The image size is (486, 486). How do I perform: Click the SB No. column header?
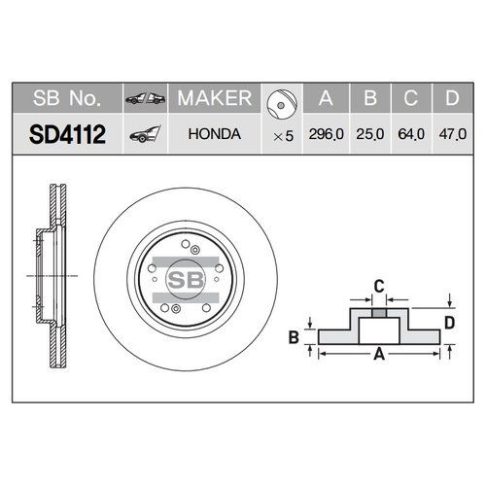pyautogui.click(x=63, y=99)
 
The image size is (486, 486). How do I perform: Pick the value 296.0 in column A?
pyautogui.click(x=325, y=135)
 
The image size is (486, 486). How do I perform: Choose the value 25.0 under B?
pyautogui.click(x=370, y=135)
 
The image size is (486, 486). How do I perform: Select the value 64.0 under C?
pyautogui.click(x=411, y=135)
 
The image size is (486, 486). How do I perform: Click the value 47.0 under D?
pyautogui.click(x=452, y=135)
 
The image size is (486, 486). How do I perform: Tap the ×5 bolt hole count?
pyautogui.click(x=282, y=135)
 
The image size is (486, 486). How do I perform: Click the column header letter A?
pyautogui.click(x=326, y=99)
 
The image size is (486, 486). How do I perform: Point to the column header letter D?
pyautogui.click(x=452, y=99)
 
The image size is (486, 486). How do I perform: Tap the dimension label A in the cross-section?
pyautogui.click(x=380, y=356)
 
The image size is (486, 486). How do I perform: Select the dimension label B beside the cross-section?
pyautogui.click(x=293, y=337)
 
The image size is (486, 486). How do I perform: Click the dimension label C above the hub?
pyautogui.click(x=380, y=286)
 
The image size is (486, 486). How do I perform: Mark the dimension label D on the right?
pyautogui.click(x=451, y=322)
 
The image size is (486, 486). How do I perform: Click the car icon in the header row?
pyautogui.click(x=143, y=99)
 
